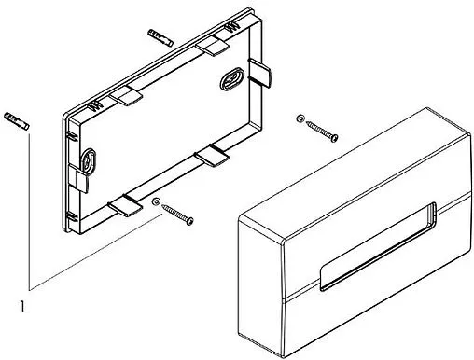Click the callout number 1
coord(21,306)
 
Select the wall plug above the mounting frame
coord(160,37)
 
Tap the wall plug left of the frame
coord(17,121)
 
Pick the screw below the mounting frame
coord(177,215)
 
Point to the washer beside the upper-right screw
coord(300,118)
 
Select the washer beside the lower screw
coord(156,201)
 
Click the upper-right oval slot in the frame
coord(232,78)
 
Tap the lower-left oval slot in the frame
coord(89,161)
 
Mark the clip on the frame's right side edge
coord(260,73)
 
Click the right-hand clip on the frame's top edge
coord(213,46)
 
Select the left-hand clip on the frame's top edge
coord(126,96)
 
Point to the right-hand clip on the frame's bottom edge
coord(212,155)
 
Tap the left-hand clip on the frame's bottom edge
coord(125,205)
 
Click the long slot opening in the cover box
coord(378,246)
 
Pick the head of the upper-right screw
coord(334,138)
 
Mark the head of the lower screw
coord(189,221)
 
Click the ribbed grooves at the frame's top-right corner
coord(231,27)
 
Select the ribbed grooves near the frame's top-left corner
coord(94,106)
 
